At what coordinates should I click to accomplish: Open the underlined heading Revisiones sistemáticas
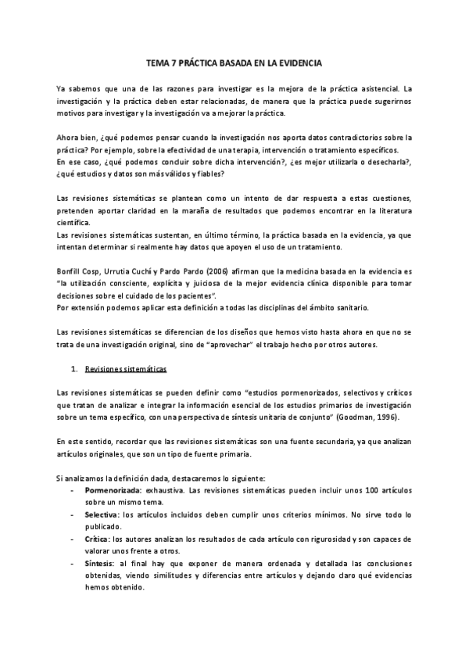[x=125, y=368]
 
